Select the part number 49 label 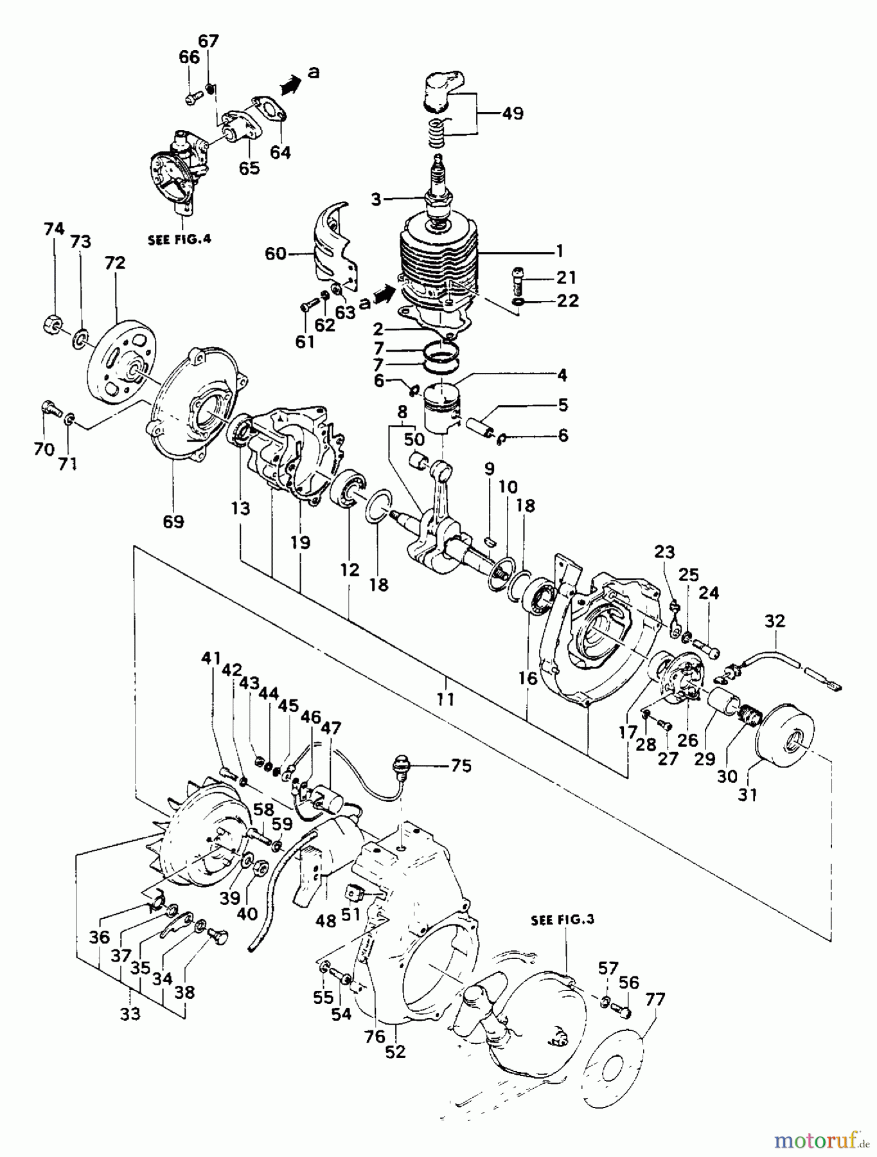click(x=512, y=114)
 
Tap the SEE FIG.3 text click(x=563, y=920)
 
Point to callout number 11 click(x=445, y=699)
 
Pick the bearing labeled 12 click(x=348, y=489)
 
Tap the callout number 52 click(x=396, y=1052)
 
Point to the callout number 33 click(x=130, y=1014)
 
